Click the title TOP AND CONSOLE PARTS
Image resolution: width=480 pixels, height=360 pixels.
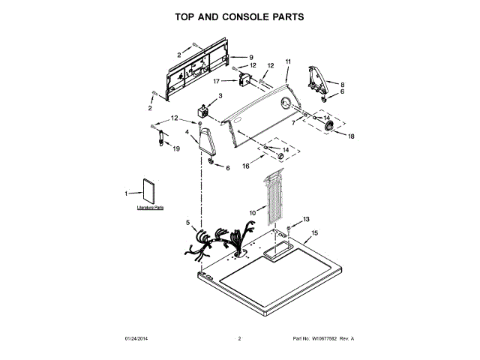tap(239, 16)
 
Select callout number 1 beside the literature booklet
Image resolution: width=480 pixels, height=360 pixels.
tap(126, 193)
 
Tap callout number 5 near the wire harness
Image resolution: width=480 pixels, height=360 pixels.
tap(188, 223)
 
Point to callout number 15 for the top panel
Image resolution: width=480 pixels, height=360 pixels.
tap(315, 234)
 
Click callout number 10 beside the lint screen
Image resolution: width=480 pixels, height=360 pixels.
tap(253, 214)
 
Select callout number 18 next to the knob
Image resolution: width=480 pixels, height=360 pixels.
tap(351, 136)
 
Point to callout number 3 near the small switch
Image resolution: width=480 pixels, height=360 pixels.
tap(220, 96)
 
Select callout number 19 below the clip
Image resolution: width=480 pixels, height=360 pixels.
tap(177, 148)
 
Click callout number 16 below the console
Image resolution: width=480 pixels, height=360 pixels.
tap(245, 166)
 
